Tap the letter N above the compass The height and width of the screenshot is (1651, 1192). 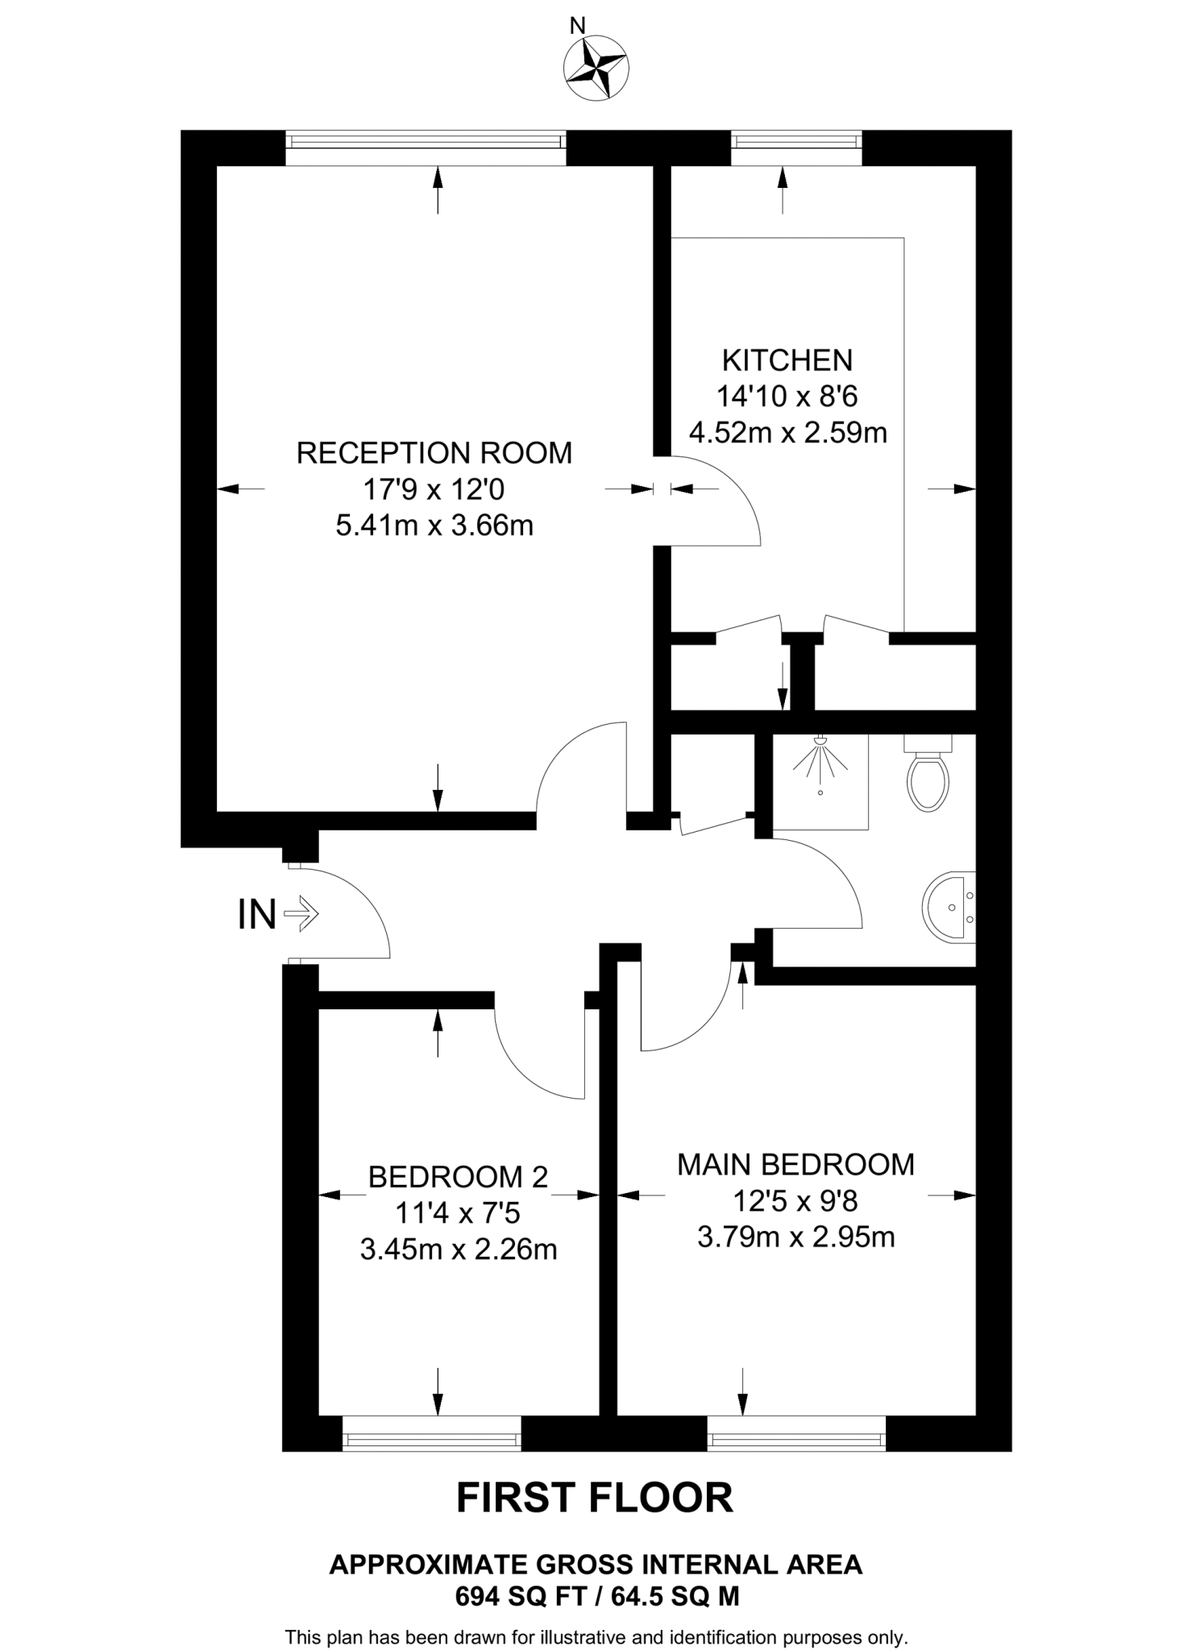(x=577, y=26)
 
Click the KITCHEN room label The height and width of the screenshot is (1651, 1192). (x=787, y=360)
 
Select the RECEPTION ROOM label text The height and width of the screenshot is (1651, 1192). (x=434, y=453)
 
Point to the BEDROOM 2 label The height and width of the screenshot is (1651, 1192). (x=458, y=1178)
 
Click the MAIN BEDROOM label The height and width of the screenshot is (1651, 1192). (x=795, y=1165)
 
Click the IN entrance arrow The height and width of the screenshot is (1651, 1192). (x=303, y=915)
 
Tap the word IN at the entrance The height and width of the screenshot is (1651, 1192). (x=257, y=915)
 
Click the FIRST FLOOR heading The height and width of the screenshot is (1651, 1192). (x=595, y=1498)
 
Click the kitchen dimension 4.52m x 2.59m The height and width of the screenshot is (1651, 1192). (x=787, y=433)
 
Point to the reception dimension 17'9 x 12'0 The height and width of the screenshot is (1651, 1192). (x=434, y=489)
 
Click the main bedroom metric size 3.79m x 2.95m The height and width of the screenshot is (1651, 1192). (x=795, y=1237)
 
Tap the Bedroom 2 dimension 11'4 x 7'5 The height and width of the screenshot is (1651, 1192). (x=458, y=1213)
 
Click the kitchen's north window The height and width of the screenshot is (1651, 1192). (x=796, y=142)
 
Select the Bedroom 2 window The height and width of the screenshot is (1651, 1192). (x=432, y=1439)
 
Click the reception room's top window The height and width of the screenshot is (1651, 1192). (x=426, y=142)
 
